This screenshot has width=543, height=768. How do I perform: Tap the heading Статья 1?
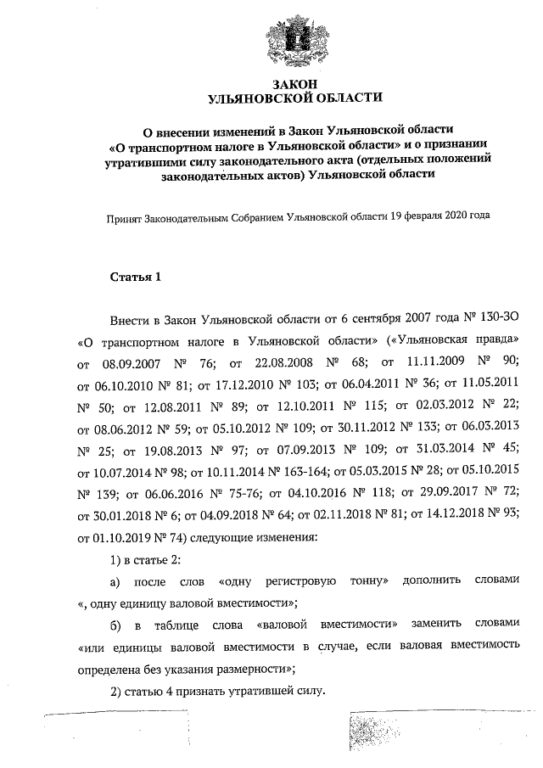coord(135,277)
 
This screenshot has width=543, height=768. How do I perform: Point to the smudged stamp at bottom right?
coord(373,735)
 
